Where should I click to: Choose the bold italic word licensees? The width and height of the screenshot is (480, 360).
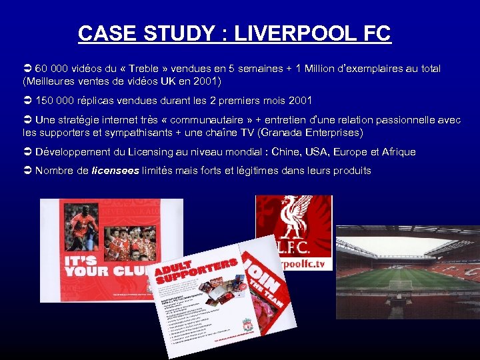(115, 171)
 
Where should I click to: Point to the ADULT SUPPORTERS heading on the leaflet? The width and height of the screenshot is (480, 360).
(193, 268)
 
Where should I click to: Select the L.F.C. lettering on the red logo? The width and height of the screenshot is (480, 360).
(291, 246)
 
